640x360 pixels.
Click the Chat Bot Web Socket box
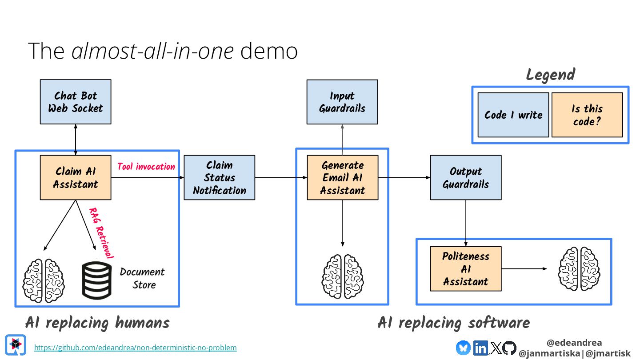point(76,102)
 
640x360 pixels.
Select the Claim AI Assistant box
point(76,177)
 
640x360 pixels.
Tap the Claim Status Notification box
point(219,177)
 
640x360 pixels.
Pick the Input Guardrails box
point(342,102)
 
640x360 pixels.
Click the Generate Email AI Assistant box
point(342,177)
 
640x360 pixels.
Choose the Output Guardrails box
point(466,177)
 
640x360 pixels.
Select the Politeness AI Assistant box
point(466,269)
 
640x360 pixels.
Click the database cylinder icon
point(96,279)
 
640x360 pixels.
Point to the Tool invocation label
point(146,167)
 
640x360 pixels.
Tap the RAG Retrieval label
point(102,232)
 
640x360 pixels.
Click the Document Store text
point(142,278)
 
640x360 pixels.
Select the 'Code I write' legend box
point(513,115)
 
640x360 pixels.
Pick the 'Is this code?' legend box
point(587,115)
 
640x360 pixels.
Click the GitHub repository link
point(135,348)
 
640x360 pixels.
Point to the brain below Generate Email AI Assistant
point(342,276)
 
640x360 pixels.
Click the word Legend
point(550,75)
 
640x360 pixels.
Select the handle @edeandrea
point(574,343)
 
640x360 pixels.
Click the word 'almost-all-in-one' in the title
point(153,51)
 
